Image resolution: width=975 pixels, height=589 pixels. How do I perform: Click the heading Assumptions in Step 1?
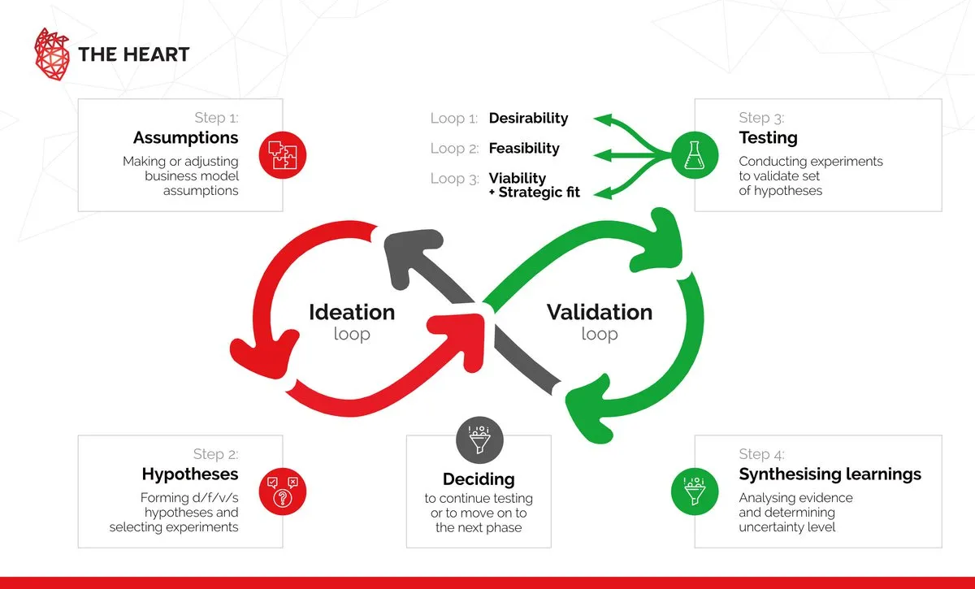click(186, 137)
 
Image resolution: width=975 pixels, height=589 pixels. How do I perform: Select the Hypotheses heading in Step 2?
click(190, 474)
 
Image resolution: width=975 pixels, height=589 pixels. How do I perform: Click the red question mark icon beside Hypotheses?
click(281, 489)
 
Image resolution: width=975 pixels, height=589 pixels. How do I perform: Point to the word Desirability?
click(528, 119)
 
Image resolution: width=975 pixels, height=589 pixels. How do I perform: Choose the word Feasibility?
click(524, 149)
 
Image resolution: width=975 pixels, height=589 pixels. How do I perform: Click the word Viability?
click(518, 178)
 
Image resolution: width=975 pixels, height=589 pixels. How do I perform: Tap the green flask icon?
click(693, 154)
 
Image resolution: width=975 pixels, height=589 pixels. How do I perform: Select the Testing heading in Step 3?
click(768, 138)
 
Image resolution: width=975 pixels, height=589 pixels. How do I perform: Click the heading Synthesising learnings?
click(830, 474)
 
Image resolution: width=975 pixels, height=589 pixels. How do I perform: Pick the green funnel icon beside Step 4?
click(693, 489)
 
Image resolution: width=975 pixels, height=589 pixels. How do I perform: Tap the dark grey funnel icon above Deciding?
click(479, 439)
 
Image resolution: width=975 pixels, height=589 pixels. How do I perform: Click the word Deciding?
click(479, 479)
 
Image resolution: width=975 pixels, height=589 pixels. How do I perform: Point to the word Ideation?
click(352, 312)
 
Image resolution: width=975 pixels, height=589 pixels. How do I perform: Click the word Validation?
click(600, 312)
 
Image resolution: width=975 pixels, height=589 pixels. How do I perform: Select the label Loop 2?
click(454, 149)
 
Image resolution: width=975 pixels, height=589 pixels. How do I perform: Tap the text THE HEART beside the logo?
click(133, 54)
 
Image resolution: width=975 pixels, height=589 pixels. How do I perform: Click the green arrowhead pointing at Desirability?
click(603, 119)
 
